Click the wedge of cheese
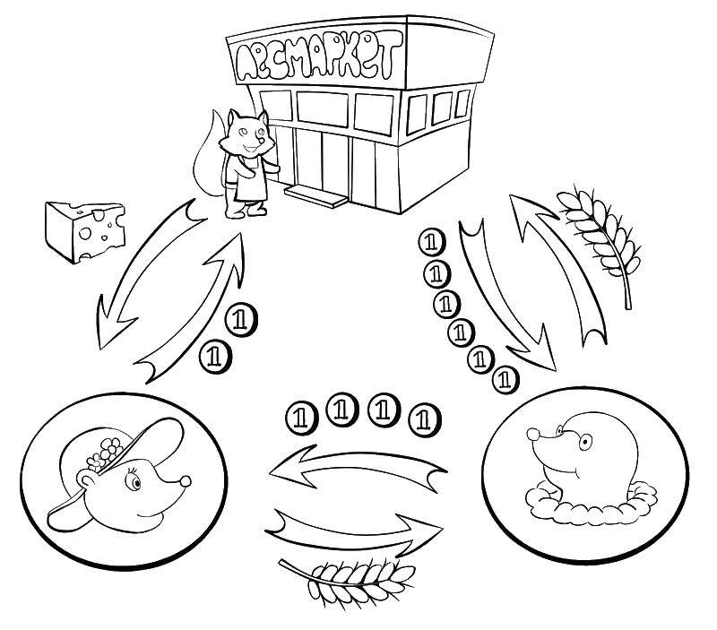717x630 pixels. pos(84,231)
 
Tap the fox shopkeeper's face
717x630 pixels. pos(247,134)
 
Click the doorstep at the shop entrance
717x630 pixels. pos(315,196)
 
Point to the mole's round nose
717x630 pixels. pos(533,434)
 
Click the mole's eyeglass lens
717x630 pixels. pos(584,442)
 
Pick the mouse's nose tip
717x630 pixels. pos(186,481)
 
